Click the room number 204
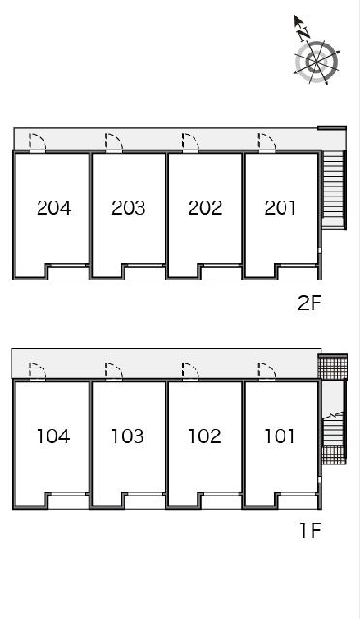point(54,208)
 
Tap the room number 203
point(129,208)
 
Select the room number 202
point(205,208)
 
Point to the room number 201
point(281,208)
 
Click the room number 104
point(53,436)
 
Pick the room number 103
point(128,436)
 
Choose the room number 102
point(204,436)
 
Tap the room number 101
point(280,436)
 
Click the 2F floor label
point(311,304)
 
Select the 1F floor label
point(311,530)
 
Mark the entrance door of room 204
point(38,143)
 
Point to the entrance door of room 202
point(191,143)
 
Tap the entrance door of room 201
point(267,143)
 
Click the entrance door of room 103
point(114,371)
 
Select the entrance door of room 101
point(267,371)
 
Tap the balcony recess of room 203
point(144,273)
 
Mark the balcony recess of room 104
point(68,501)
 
